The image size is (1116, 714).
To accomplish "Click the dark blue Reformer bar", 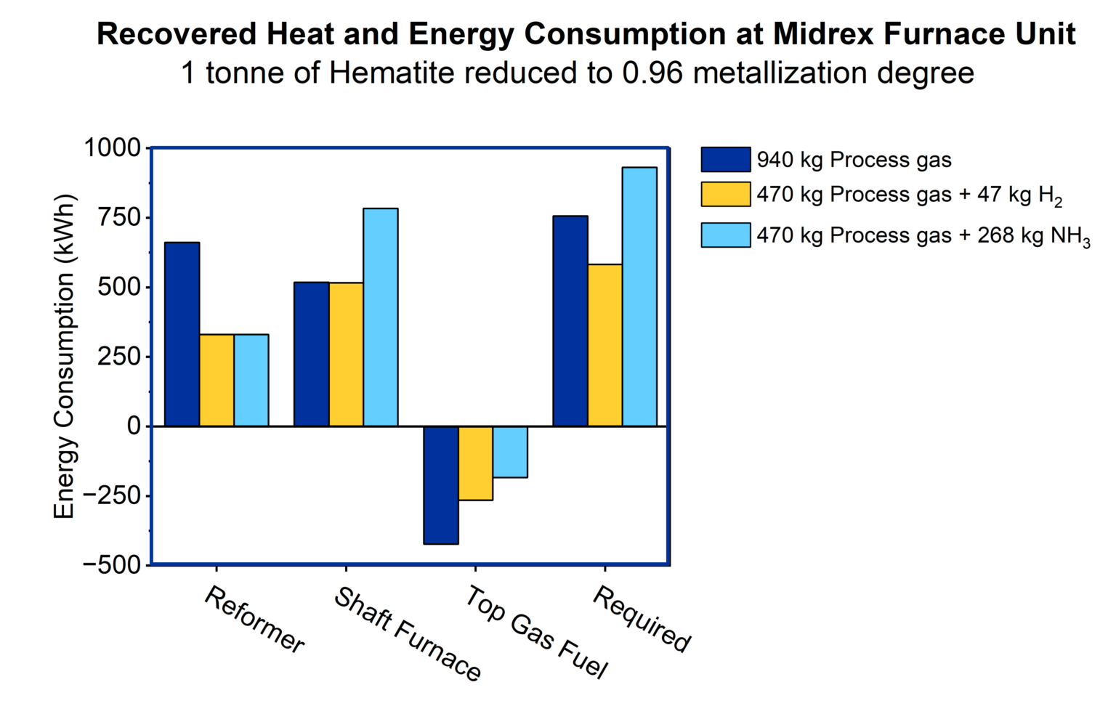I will pos(182,334).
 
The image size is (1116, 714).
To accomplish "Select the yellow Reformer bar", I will pos(217,380).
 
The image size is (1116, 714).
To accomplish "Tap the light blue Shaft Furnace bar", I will pos(380,317).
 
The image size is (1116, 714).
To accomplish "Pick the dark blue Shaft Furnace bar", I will pos(311,354).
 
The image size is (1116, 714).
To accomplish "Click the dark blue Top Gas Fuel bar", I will pos(441,484).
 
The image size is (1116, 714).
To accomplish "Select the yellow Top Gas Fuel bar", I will pos(475,463).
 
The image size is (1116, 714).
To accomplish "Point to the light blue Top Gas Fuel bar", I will pos(510,452).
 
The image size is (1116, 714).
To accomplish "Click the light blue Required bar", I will pos(639,296).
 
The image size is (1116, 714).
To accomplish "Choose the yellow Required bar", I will pos(604,345).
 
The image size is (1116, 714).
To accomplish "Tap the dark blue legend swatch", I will pos(725,160).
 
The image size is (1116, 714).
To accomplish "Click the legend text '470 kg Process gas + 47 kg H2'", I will pos(908,195).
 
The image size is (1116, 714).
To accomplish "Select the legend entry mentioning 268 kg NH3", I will pos(923,236).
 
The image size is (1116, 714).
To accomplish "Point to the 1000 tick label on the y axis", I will pos(113,148).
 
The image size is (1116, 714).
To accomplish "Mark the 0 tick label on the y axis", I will pos(134,426).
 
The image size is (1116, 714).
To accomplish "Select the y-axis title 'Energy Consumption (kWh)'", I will pos(65,356).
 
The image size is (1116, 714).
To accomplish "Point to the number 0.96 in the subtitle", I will pos(652,73).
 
